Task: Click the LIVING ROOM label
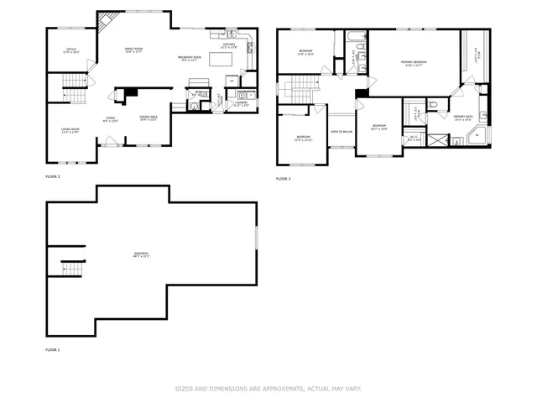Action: [70, 130]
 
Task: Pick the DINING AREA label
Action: [149, 118]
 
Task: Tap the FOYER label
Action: [110, 118]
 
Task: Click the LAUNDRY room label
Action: [241, 103]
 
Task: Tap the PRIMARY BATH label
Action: [463, 118]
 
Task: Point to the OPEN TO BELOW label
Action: [341, 132]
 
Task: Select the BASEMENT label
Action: [141, 254]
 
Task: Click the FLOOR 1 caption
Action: [53, 349]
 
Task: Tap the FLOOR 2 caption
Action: [53, 177]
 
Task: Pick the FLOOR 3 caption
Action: [284, 179]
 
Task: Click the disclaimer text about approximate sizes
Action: [268, 389]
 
